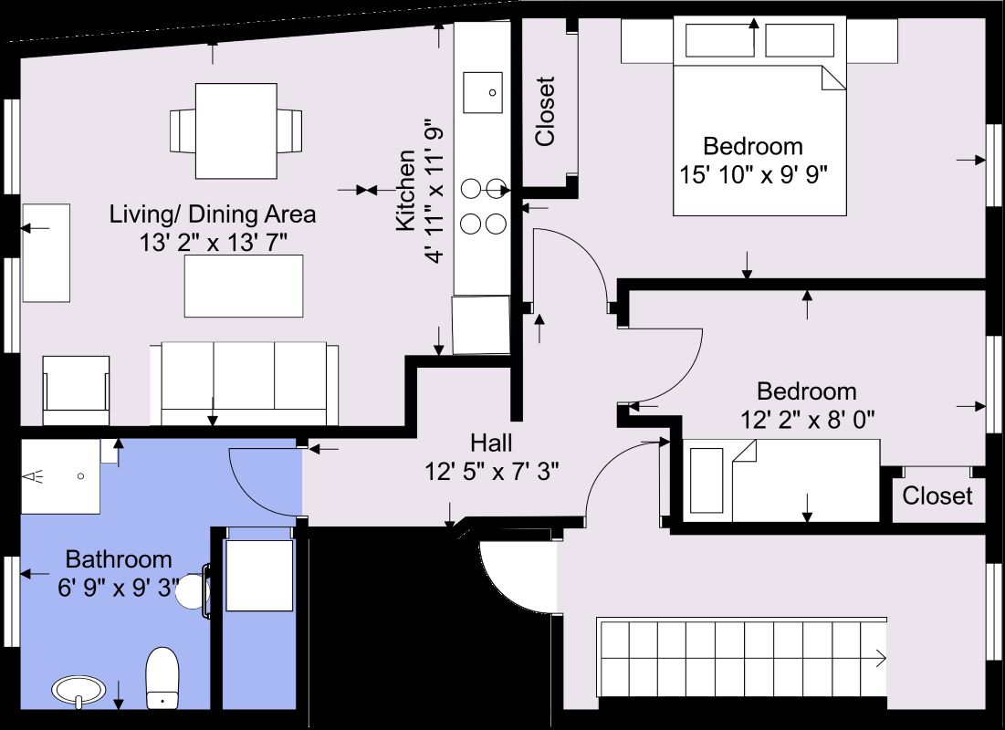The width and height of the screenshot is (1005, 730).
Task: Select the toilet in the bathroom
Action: click(x=162, y=677)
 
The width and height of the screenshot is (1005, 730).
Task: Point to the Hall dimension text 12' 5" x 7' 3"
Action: click(x=491, y=471)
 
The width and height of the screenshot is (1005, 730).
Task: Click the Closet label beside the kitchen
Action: click(x=545, y=111)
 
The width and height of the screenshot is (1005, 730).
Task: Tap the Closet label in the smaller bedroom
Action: click(x=937, y=495)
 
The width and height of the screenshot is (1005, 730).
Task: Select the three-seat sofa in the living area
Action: click(x=244, y=383)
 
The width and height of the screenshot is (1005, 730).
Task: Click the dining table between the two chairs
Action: click(x=236, y=130)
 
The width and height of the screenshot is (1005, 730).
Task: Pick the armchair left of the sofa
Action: click(x=76, y=390)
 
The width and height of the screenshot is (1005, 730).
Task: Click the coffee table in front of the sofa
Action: click(x=244, y=284)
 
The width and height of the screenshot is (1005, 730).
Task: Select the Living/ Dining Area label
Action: click(x=213, y=215)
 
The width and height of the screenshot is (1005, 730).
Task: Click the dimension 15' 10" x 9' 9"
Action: click(x=753, y=172)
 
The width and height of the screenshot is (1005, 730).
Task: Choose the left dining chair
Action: click(x=182, y=130)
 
